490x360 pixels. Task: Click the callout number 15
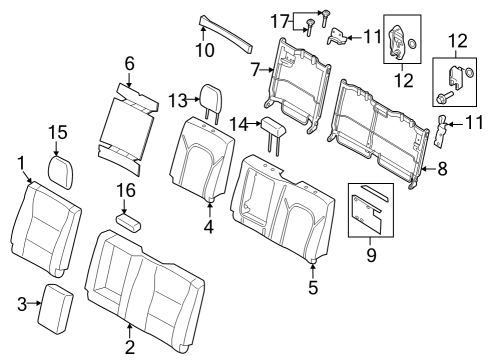[58, 131]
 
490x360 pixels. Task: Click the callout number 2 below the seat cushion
[130, 349]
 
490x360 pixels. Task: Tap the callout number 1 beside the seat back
[20, 161]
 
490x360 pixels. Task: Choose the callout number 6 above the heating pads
[128, 63]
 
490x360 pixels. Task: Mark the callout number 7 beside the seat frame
[254, 70]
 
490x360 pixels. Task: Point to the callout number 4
[209, 227]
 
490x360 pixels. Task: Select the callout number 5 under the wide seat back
[314, 289]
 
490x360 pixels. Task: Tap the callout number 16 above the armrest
[125, 190]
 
